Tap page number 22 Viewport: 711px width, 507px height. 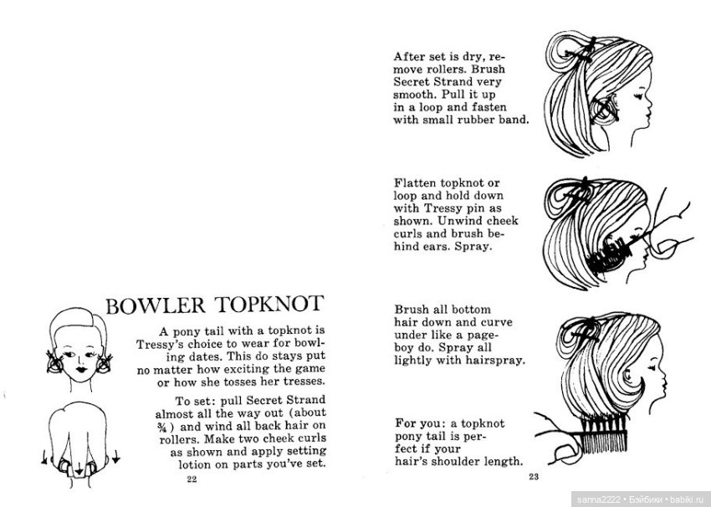(192, 479)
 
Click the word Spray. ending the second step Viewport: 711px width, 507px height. (479, 248)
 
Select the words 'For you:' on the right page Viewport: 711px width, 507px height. (420, 422)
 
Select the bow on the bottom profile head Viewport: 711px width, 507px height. (583, 320)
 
